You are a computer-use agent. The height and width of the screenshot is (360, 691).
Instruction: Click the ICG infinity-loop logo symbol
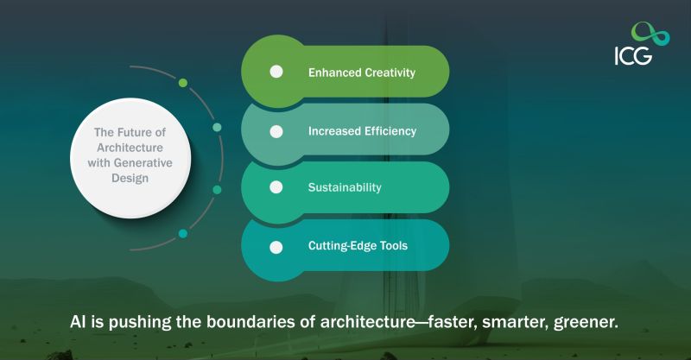pyautogui.click(x=650, y=35)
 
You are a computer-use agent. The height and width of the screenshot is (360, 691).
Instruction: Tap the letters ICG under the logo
pyautogui.click(x=634, y=56)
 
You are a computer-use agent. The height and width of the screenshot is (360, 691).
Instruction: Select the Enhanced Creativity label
pyautogui.click(x=361, y=73)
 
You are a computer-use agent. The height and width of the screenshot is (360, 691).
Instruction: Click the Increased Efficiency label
pyautogui.click(x=362, y=131)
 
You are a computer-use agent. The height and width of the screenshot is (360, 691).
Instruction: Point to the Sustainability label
pyautogui.click(x=345, y=187)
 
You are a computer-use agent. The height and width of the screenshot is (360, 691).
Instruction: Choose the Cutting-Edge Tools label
pyautogui.click(x=358, y=246)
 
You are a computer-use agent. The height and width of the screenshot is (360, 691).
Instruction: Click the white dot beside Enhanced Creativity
pyautogui.click(x=276, y=72)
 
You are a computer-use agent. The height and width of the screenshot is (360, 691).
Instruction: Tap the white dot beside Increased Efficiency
pyautogui.click(x=276, y=131)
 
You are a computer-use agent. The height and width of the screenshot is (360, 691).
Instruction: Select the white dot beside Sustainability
pyautogui.click(x=276, y=187)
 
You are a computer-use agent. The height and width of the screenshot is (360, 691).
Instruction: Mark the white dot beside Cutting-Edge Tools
pyautogui.click(x=276, y=247)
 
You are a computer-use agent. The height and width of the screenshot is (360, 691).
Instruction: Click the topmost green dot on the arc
pyautogui.click(x=183, y=83)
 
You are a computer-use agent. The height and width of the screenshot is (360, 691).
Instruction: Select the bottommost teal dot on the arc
pyautogui.click(x=183, y=233)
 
